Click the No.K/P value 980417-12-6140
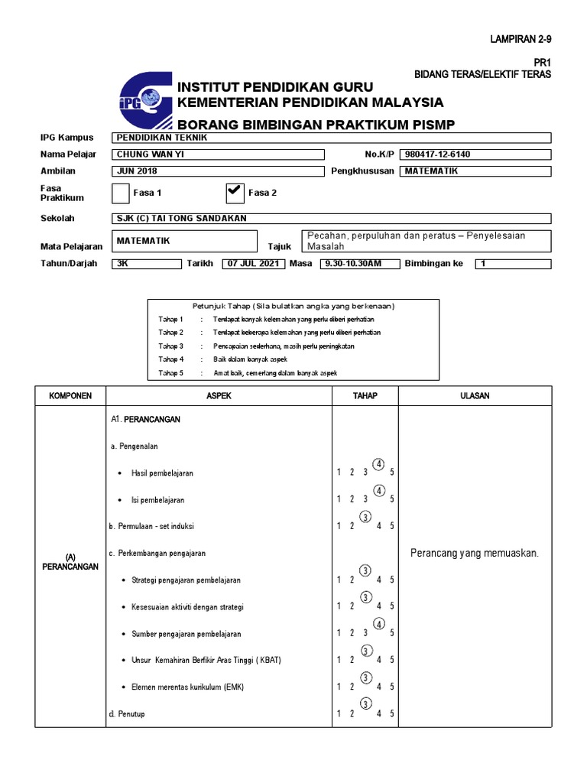click(475, 154)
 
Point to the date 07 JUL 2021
click(254, 264)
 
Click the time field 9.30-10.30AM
click(352, 264)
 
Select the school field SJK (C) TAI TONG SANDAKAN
click(331, 219)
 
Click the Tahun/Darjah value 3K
click(145, 264)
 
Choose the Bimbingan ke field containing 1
click(511, 264)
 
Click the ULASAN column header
click(475, 396)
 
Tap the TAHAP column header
click(365, 396)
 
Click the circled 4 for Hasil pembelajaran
click(378, 464)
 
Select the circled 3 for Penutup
click(365, 704)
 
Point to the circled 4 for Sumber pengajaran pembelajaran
click(378, 625)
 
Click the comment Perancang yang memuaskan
click(475, 553)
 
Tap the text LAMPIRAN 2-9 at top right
click(520, 38)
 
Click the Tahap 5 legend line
click(248, 373)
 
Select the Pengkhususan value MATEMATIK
click(475, 171)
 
